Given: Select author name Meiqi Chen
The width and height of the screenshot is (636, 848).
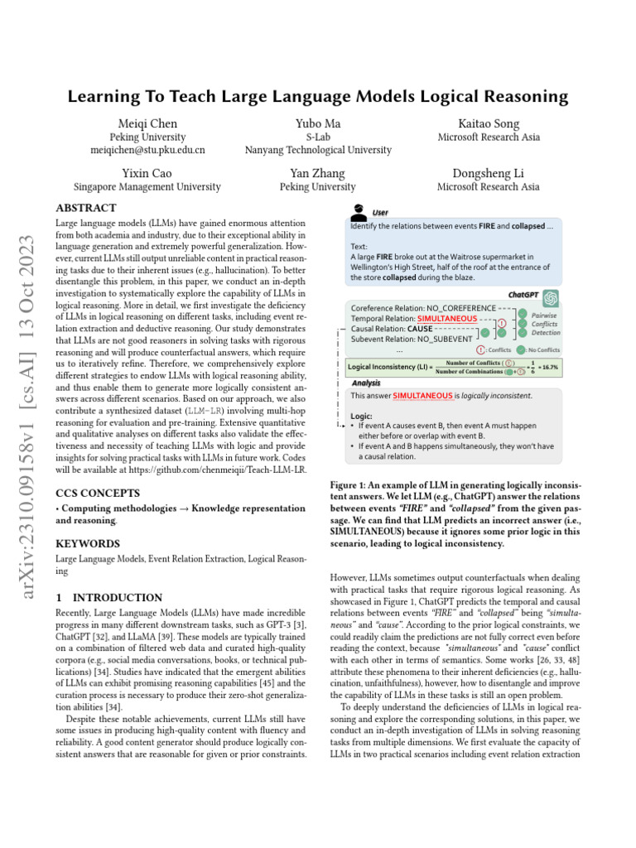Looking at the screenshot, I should pos(148,123).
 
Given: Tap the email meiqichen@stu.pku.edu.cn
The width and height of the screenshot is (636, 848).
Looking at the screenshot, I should pos(148,150).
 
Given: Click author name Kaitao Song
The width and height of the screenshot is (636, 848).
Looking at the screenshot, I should pos(488,123).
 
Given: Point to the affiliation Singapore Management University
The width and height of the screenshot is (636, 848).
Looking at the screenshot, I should pos(148,187).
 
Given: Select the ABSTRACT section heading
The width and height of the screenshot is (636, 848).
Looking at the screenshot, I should pos(85,208).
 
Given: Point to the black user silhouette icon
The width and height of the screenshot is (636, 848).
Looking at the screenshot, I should pos(359,211).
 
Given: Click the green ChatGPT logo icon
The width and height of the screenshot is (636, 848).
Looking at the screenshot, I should pos(551,296).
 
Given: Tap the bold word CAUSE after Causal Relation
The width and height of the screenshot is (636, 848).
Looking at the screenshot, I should pos(420,329).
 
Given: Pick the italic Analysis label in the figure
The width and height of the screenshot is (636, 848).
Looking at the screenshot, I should pos(366,383).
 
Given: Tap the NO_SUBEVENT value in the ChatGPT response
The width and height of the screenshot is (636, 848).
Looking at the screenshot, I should pos(446,339).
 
